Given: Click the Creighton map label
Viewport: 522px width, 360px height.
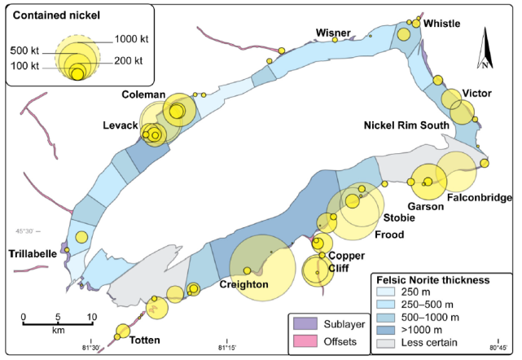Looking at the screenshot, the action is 244,285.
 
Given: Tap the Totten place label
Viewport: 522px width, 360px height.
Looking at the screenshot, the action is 144,340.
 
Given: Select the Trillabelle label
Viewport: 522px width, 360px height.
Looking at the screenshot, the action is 33,254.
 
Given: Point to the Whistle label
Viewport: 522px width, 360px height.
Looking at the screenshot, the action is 441,24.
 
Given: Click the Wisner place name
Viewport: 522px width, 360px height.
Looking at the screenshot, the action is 333,33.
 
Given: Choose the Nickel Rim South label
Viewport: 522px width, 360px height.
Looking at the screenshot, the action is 406,125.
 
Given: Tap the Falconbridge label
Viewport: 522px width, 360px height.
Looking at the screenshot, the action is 480,197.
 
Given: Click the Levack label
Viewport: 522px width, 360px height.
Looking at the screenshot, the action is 121,125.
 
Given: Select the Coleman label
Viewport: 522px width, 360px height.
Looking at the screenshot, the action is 143,94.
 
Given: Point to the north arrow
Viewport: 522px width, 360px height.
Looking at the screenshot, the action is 485,48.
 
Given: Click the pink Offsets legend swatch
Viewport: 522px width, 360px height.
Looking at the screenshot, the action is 305,341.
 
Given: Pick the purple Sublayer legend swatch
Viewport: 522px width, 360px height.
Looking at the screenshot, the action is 305,323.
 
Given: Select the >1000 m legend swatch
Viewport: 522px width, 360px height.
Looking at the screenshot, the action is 385,330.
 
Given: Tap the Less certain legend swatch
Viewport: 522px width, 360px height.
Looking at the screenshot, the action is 385,343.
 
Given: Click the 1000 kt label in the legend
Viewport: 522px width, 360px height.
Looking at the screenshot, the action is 131,39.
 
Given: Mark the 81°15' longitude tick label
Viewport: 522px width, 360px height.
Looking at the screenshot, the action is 227,348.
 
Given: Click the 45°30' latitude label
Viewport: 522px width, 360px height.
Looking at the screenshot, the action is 24,231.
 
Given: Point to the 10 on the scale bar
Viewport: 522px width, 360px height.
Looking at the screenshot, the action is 92,317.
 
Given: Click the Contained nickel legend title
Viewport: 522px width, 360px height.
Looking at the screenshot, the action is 56,15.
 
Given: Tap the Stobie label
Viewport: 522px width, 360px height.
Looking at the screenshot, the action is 399,217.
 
